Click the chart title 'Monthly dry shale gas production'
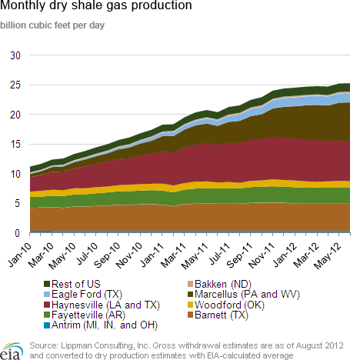tap(96, 5)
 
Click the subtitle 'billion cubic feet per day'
tap(52, 25)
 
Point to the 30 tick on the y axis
tap(15, 55)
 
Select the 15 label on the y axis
tap(15, 144)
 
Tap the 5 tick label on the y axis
tap(17, 203)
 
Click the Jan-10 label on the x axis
tap(20, 255)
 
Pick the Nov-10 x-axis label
tap(129, 255)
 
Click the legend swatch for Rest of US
tap(47, 284)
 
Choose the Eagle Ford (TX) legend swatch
tap(47, 294)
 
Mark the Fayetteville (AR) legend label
tap(88, 315)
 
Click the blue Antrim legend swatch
tap(47, 325)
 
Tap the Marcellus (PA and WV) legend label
tap(247, 294)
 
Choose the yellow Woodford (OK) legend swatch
tap(190, 305)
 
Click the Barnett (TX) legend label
tap(222, 315)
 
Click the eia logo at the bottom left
tap(12, 351)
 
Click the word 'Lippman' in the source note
tap(76, 345)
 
